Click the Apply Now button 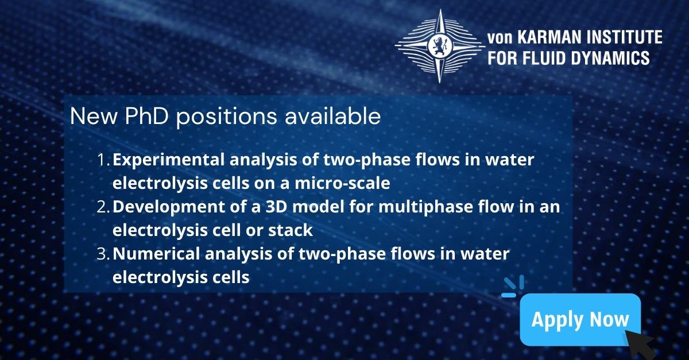coord(580,319)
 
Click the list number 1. coord(103,160)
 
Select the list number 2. coord(103,207)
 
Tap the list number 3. coord(103,254)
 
